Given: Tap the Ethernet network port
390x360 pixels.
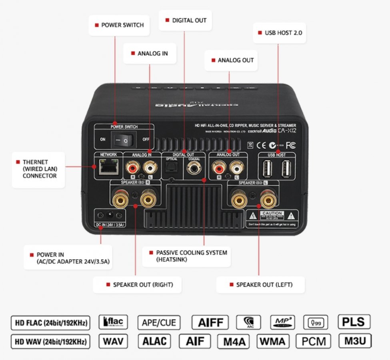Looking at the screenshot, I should tap(106, 168).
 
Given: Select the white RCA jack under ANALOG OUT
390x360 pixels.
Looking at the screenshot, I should tap(236, 166).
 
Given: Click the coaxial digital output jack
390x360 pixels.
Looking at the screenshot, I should tap(194, 168).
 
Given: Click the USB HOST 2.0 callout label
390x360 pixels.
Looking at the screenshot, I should tap(280, 33).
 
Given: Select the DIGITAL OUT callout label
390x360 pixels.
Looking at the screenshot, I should tap(185, 20).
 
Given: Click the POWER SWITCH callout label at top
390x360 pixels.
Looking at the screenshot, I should tap(119, 25).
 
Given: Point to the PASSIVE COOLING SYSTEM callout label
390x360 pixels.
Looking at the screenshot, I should tap(187, 256).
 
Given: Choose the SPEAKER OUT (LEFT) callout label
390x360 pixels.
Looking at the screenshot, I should tap(261, 285).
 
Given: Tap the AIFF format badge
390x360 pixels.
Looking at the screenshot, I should tap(210, 322).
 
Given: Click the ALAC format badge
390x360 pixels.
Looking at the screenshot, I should tap(154, 341).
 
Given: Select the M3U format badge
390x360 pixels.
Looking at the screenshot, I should tap(354, 341).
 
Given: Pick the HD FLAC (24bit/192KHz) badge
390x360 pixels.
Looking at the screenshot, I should tap(50, 322).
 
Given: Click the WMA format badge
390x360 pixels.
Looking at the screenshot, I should tap(273, 342).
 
